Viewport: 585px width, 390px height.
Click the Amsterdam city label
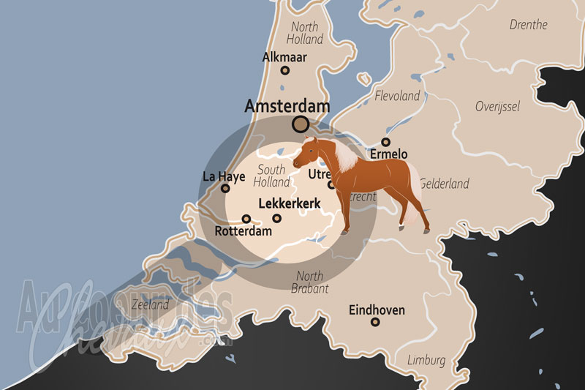[287, 106]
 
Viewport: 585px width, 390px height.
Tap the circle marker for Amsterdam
[300, 124]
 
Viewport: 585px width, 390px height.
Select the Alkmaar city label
[284, 57]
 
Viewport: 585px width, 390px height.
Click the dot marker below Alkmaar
[285, 71]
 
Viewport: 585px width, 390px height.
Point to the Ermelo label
[388, 154]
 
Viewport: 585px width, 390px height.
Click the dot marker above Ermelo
[385, 142]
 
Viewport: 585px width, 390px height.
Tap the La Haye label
[223, 176]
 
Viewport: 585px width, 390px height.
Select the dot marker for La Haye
[225, 189]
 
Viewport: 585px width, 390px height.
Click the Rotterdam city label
[244, 231]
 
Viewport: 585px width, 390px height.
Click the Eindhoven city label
[377, 310]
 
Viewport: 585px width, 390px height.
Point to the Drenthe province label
[528, 25]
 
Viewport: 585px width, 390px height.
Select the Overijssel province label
[497, 107]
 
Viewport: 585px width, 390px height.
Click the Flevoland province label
[397, 96]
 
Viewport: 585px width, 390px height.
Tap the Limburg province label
[426, 361]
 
